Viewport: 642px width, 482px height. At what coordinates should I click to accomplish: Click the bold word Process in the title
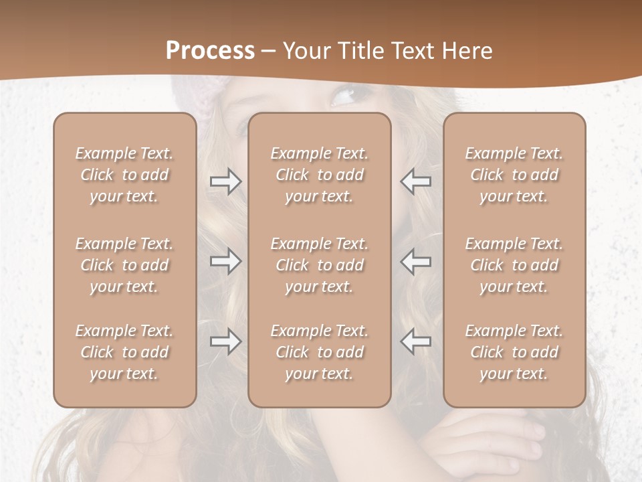[x=210, y=51]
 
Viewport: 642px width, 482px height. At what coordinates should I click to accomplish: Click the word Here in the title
[x=465, y=51]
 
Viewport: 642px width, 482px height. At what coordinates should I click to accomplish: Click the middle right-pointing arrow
[x=225, y=261]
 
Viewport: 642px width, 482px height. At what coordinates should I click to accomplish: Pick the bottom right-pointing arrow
[x=225, y=341]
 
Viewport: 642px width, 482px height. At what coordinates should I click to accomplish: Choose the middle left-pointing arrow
[x=416, y=261]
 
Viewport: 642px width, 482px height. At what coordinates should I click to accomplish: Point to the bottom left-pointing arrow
[x=416, y=341]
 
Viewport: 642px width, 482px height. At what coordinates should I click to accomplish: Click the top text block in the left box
[x=124, y=175]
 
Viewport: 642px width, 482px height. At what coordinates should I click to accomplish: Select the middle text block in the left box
[x=124, y=265]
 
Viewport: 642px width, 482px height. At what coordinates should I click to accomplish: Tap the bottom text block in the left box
[x=124, y=352]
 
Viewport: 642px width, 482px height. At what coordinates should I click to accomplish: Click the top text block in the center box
[x=319, y=175]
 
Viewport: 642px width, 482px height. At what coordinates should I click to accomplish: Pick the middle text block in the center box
[x=319, y=265]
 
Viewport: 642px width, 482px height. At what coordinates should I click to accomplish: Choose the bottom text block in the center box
[x=319, y=352]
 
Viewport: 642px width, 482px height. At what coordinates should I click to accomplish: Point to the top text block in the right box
[x=514, y=175]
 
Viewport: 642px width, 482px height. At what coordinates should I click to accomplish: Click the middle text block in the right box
[x=514, y=265]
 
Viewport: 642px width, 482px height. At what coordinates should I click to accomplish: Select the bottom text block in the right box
[x=514, y=352]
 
